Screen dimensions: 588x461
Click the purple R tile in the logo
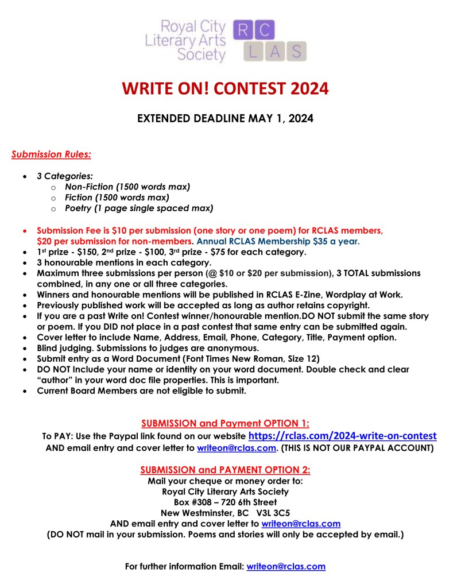pyautogui.click(x=242, y=30)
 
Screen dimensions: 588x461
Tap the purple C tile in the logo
pyautogui.click(x=265, y=30)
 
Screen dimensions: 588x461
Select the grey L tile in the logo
pyautogui.click(x=254, y=51)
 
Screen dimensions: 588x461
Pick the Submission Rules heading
pyautogui.click(x=51, y=154)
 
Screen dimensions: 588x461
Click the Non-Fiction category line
pyautogui.click(x=127, y=187)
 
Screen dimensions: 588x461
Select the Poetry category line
pyautogui.click(x=139, y=207)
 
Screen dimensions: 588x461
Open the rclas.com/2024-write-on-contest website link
pyautogui.click(x=343, y=436)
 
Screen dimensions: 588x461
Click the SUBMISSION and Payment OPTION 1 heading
pyautogui.click(x=225, y=424)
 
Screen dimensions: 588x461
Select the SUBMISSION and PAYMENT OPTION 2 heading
pyautogui.click(x=225, y=470)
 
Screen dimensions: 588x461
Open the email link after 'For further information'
pyautogui.click(x=286, y=566)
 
